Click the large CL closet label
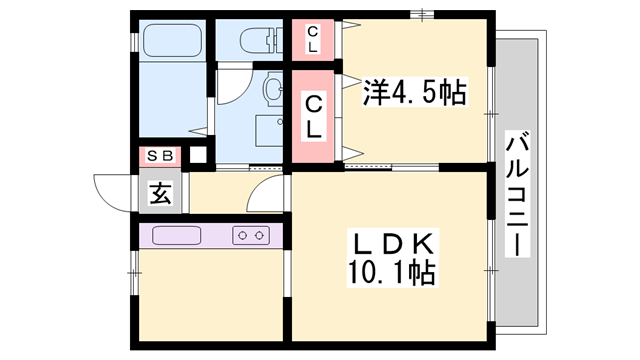(x=313, y=116)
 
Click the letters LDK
(x=390, y=243)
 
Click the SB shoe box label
(x=160, y=155)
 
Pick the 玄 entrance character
(x=160, y=192)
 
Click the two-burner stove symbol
(x=251, y=236)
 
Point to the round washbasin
(x=271, y=93)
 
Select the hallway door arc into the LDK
(x=266, y=190)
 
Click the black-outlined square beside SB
(x=198, y=155)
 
